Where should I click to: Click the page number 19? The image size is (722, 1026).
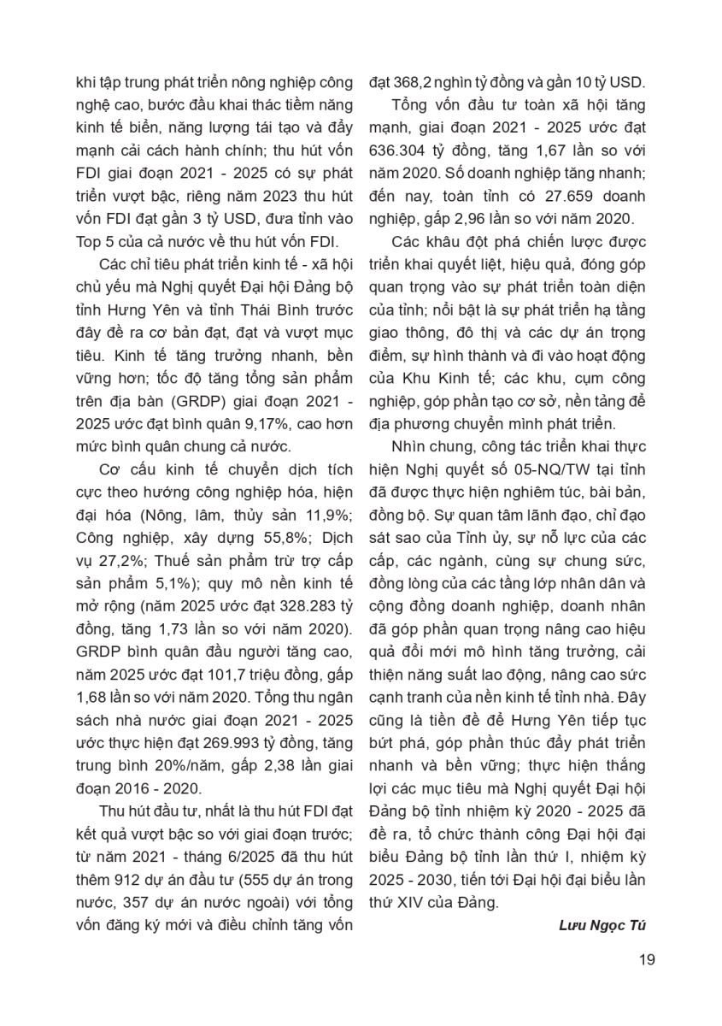coord(647,959)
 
